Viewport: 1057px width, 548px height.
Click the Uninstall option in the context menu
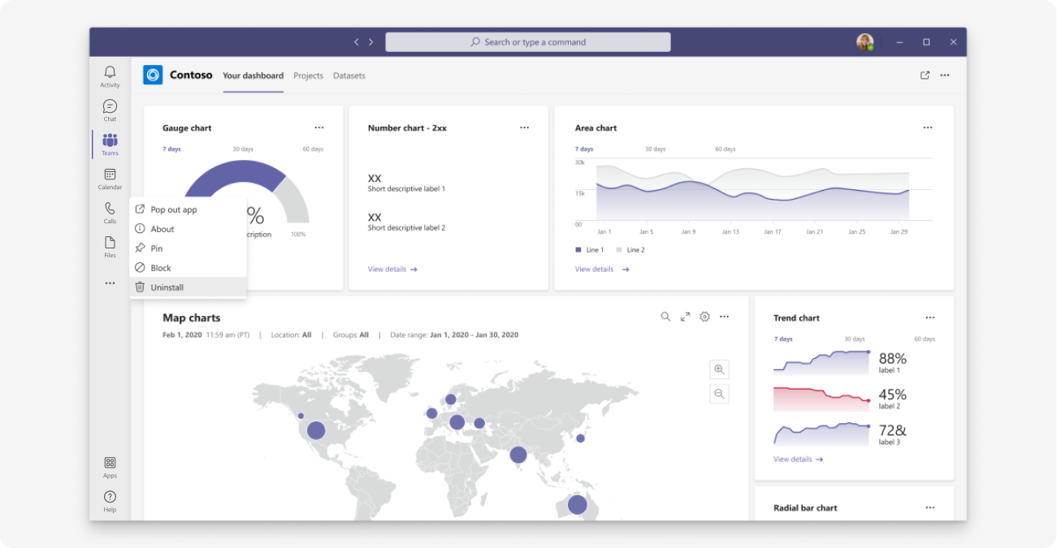[167, 287]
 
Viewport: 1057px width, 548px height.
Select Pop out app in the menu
[173, 209]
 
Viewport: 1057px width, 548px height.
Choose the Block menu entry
[160, 268]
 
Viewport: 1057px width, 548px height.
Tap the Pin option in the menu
[156, 248]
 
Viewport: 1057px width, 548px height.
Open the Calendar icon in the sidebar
[110, 175]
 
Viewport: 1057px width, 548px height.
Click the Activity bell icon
[110, 73]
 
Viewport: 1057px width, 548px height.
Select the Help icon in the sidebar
[110, 497]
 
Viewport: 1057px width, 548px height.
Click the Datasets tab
[349, 76]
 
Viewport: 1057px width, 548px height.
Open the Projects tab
[309, 76]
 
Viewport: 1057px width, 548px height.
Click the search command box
[528, 42]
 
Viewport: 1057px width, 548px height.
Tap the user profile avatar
[864, 42]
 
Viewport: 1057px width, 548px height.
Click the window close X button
[954, 42]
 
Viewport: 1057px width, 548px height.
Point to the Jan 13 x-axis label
[730, 232]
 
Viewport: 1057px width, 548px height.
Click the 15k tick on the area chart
[580, 193]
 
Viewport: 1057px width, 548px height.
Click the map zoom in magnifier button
[719, 369]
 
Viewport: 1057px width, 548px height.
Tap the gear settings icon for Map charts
[704, 317]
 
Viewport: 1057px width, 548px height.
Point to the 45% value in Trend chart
[892, 395]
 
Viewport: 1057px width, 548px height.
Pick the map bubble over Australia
[577, 505]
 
